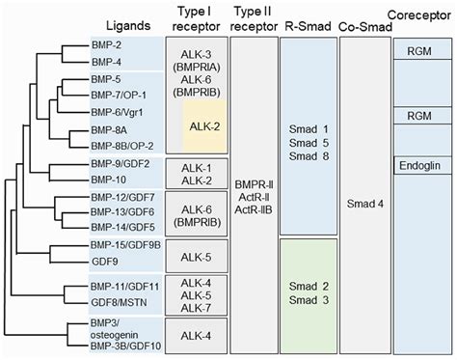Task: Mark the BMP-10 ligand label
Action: click(109, 180)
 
